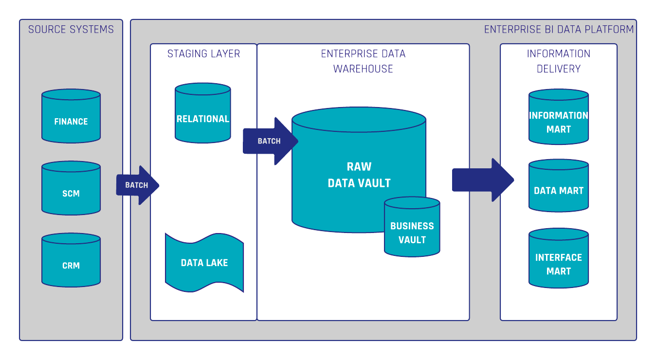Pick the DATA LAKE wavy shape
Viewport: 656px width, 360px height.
[x=204, y=263]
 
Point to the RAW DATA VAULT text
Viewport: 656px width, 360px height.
[x=359, y=175]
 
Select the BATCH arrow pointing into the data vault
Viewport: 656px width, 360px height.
[x=270, y=141]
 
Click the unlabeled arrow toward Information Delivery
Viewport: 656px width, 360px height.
[x=482, y=180]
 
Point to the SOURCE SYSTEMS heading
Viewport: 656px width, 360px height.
[x=71, y=30]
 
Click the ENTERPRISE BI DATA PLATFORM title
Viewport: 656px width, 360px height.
[x=559, y=30]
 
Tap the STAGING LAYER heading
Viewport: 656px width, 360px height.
[x=203, y=54]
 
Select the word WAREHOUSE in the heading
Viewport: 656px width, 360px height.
[x=363, y=69]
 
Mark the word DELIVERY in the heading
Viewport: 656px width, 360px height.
[x=559, y=69]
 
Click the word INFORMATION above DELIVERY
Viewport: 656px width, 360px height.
[x=559, y=54]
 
